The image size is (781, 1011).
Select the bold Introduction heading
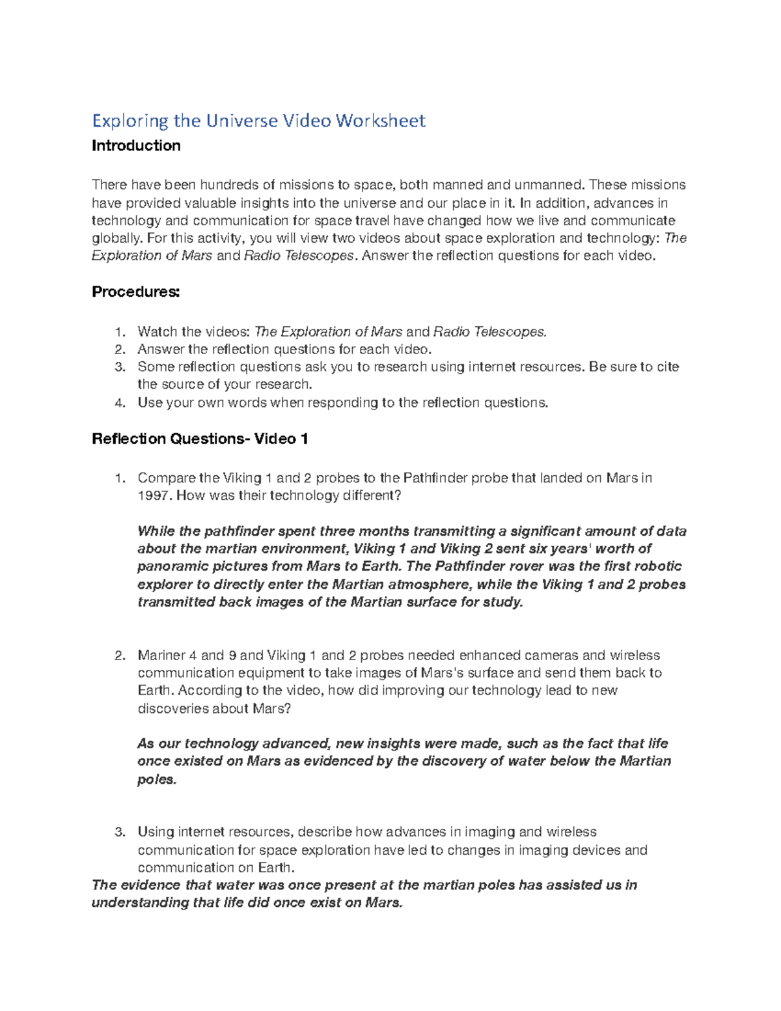click(136, 146)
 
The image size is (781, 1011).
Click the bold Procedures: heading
click(135, 292)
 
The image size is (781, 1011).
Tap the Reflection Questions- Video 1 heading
click(200, 439)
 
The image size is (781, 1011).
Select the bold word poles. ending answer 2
click(157, 779)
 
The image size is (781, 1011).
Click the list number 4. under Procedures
click(119, 403)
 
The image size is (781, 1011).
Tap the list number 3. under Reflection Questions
click(119, 832)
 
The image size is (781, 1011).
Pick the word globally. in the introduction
click(117, 238)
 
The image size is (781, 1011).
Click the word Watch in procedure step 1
click(157, 332)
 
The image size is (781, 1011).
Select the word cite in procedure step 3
click(667, 367)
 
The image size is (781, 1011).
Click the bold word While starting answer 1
click(156, 531)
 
